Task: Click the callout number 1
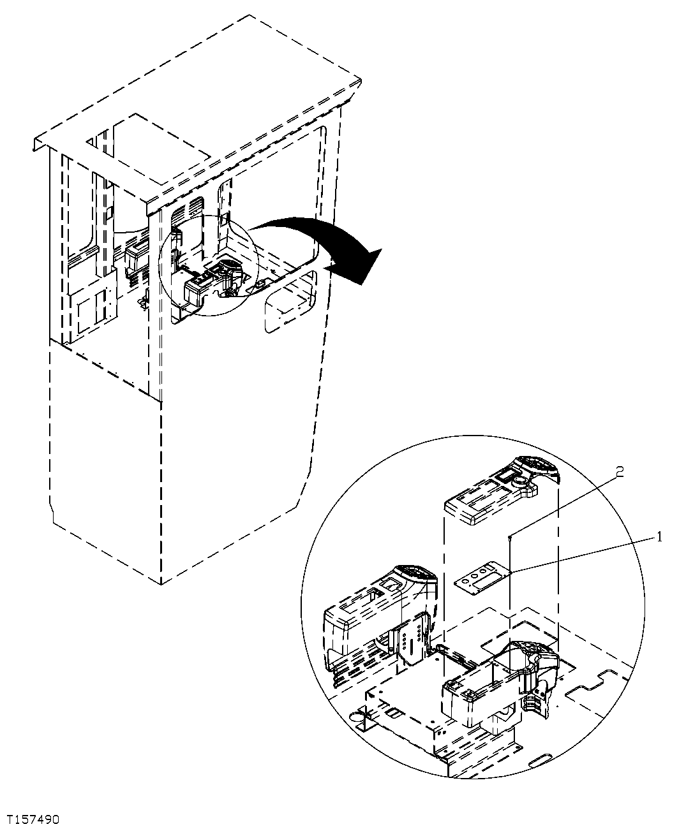point(659,537)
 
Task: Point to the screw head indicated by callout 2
point(511,538)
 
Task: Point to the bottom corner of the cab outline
point(161,583)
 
